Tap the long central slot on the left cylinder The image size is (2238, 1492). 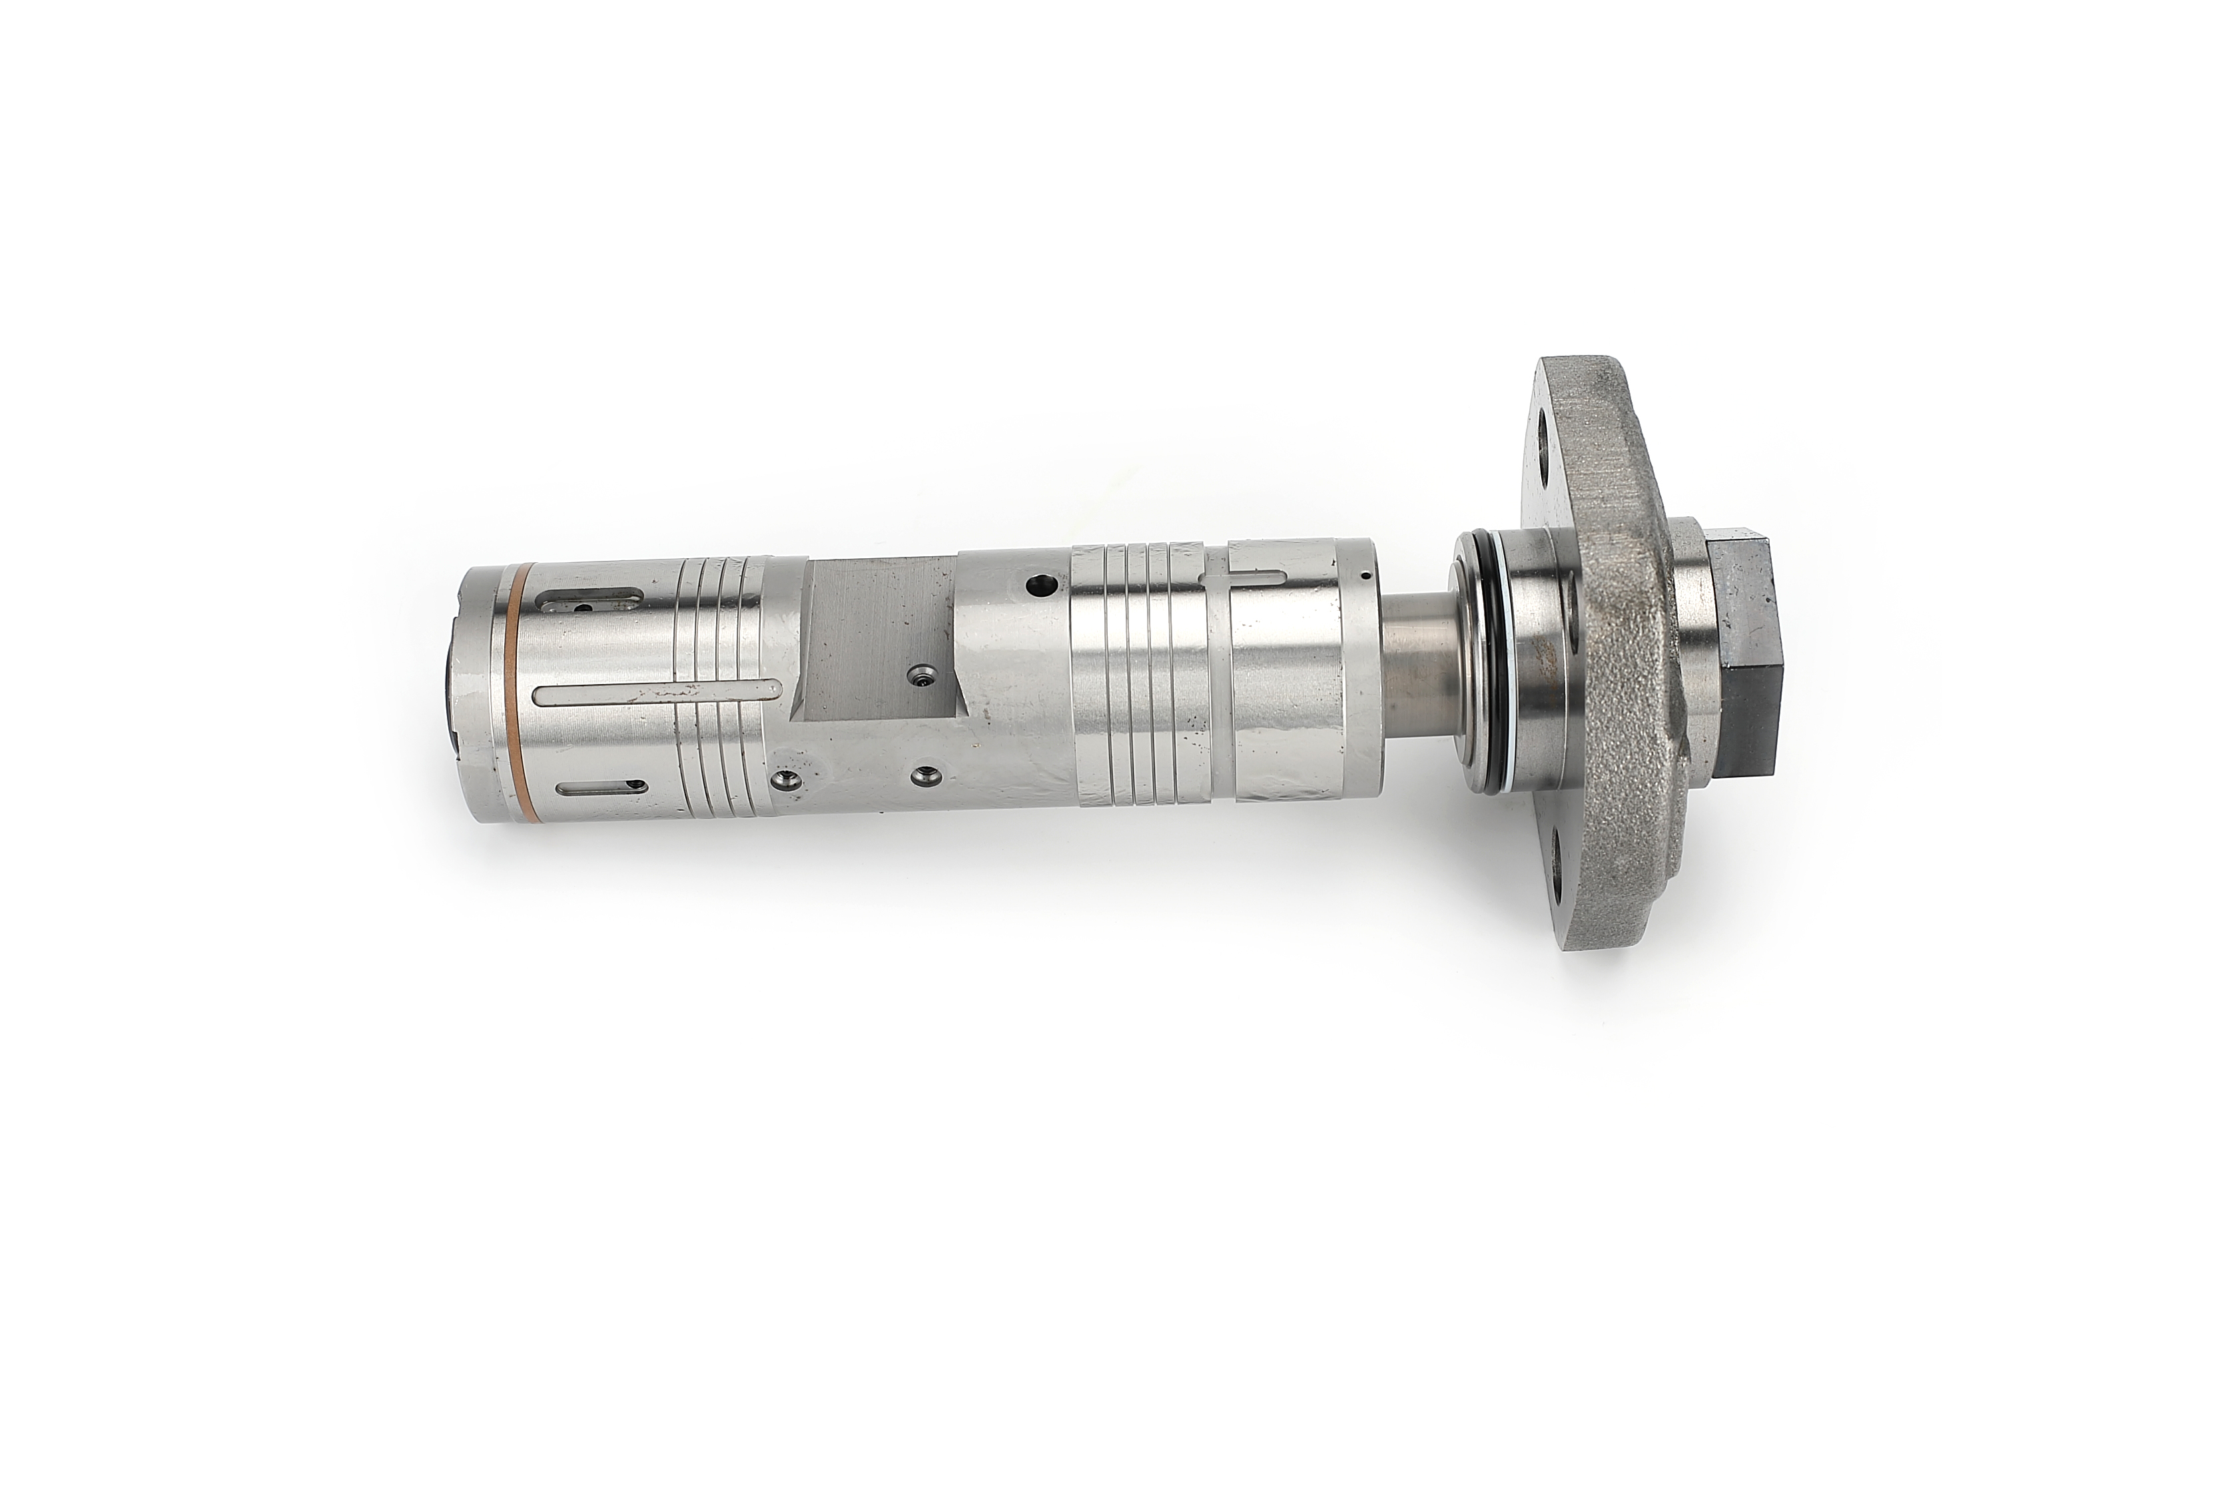[657, 693]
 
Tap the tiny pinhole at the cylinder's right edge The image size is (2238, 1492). [1365, 573]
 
